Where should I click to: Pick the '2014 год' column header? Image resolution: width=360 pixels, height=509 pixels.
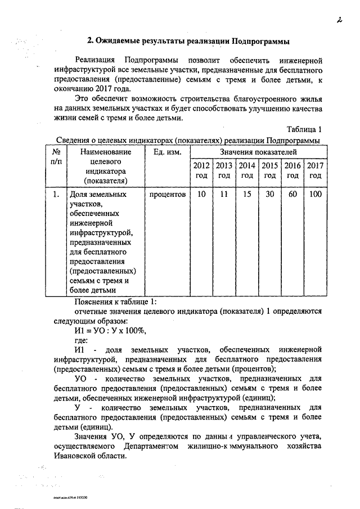(x=247, y=170)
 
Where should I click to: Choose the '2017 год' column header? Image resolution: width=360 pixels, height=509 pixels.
(x=315, y=170)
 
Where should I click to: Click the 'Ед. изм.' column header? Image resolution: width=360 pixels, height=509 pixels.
(x=167, y=152)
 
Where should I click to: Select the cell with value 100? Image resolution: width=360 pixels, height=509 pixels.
(x=316, y=195)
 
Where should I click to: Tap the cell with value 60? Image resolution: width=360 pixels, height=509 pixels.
(x=292, y=195)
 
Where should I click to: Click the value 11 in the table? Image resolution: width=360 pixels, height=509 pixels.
(x=224, y=195)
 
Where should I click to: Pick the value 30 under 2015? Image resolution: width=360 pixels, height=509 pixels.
(x=270, y=195)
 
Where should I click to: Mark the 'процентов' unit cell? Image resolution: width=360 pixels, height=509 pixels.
(x=167, y=195)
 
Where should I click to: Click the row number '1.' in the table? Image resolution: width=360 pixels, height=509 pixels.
(x=56, y=195)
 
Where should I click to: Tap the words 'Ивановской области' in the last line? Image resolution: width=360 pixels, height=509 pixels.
(x=91, y=456)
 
